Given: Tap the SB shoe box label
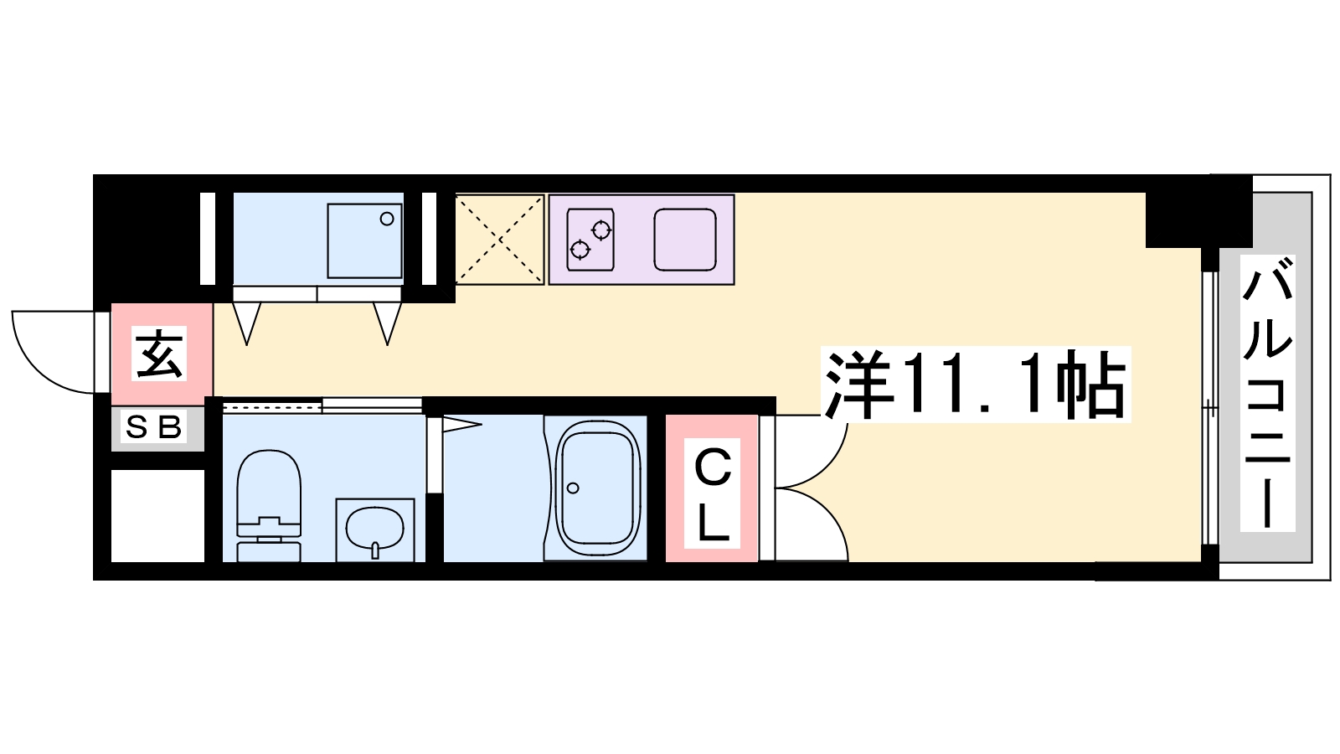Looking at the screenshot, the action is point(154,426).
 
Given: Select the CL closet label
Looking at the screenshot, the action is point(712,493).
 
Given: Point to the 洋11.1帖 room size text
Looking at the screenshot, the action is point(975,384).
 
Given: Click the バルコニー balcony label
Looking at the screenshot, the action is point(1267,393).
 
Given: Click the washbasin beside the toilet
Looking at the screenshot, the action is point(375,529).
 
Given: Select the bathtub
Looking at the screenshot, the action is point(596,488).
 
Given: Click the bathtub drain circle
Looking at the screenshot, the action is point(573,488).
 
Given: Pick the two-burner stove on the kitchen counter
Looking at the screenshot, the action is point(590,240).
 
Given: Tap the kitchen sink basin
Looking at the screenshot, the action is point(685,240).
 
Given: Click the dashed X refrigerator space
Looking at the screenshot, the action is point(499,240).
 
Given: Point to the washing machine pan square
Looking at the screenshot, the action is point(365,240).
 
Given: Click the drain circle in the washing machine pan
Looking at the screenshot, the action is point(387,219).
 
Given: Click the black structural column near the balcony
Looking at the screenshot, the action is point(1198,210).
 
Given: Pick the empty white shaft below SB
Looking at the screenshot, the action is point(158,516).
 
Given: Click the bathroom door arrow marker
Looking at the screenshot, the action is point(461,425).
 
